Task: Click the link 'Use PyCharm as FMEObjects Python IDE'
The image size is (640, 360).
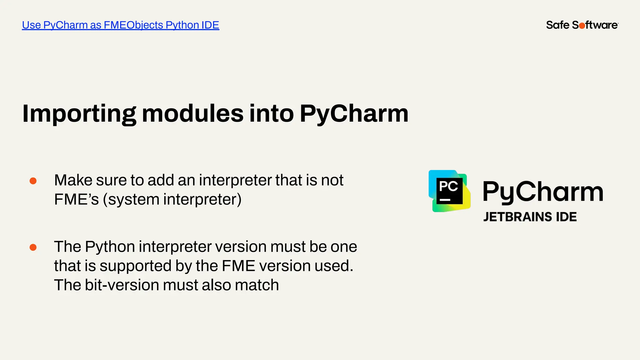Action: click(120, 25)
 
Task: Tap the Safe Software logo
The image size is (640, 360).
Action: click(582, 25)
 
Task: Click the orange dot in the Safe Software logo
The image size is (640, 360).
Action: click(582, 26)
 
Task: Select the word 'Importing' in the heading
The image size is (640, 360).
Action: click(79, 114)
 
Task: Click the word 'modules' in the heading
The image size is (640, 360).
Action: click(192, 113)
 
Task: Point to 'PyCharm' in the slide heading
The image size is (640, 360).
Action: click(354, 114)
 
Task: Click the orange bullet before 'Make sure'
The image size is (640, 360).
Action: click(33, 181)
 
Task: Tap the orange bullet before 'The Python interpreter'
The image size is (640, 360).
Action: click(33, 247)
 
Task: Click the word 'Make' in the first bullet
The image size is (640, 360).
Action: click(73, 180)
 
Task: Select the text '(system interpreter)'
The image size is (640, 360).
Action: click(172, 200)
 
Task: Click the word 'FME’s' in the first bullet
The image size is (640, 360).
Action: click(76, 200)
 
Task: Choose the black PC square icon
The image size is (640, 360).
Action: click(449, 191)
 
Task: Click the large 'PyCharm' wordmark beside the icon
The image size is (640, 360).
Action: click(543, 192)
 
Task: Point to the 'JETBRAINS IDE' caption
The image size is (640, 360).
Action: click(530, 217)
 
